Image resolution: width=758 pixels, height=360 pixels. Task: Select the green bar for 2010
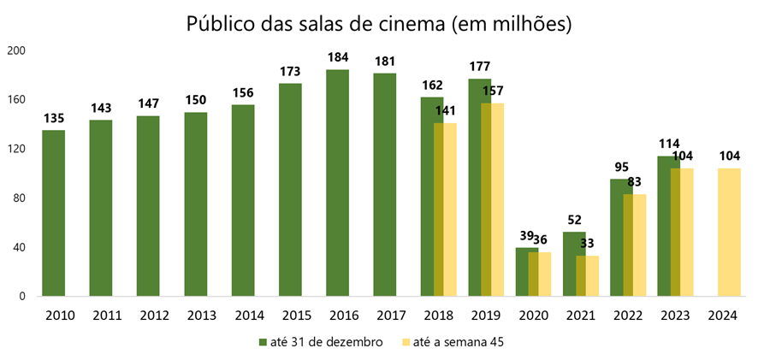pos(54,214)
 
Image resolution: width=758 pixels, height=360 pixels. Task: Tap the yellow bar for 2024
pos(725,233)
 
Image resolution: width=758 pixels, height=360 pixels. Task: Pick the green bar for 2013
pos(195,204)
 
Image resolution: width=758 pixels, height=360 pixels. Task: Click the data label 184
pos(337,58)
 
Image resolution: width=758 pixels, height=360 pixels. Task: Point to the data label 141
pos(445,111)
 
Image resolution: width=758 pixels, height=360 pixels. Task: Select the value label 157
pos(492,91)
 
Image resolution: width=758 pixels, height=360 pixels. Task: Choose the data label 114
pos(667,144)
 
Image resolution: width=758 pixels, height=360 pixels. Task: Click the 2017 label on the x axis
pos(385,316)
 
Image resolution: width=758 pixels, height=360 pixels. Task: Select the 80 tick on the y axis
pos(20,198)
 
